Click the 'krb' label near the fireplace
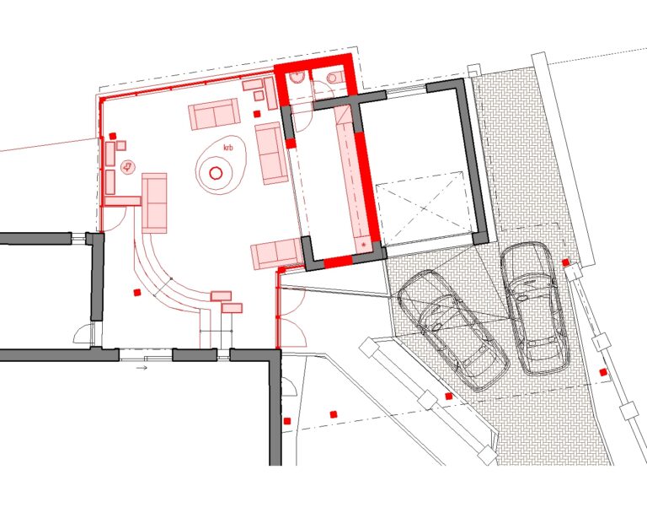(228, 148)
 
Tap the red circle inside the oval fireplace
(216, 173)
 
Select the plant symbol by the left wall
(127, 167)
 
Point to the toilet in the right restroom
(334, 77)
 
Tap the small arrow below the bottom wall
(142, 368)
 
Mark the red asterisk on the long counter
(364, 246)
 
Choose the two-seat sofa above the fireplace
(214, 114)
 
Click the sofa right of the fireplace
(271, 153)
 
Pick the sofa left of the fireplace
(155, 203)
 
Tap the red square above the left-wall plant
(113, 136)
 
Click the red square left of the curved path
(137, 293)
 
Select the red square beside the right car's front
(566, 262)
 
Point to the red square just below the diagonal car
(449, 397)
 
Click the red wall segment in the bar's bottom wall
(338, 262)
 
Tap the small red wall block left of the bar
(291, 143)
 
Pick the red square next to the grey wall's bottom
(287, 421)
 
